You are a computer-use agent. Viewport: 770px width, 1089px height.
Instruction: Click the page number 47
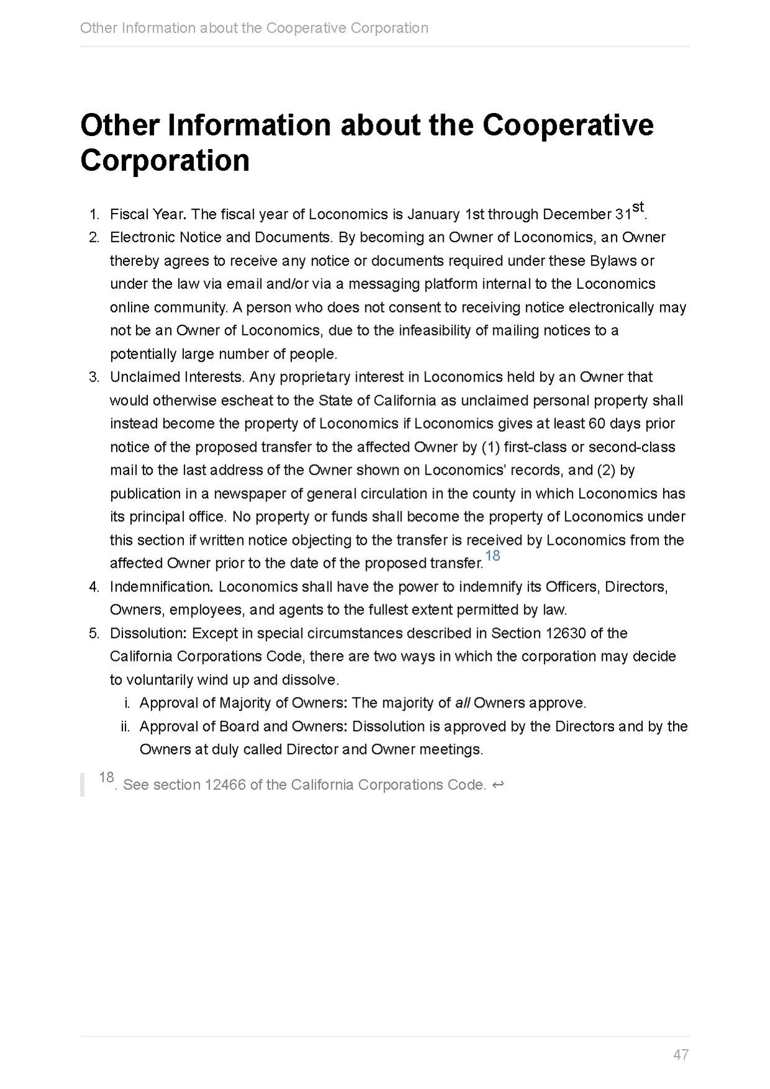[x=681, y=1054]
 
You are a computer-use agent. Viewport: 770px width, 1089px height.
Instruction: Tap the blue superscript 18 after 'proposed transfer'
[x=493, y=555]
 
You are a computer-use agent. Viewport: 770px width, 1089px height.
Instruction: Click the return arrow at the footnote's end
[x=497, y=785]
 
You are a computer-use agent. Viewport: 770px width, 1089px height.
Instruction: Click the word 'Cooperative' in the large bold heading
[x=567, y=125]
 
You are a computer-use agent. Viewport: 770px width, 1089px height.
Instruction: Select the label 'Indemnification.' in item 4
[x=162, y=586]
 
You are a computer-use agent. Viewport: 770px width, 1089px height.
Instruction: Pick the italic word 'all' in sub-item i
[x=462, y=703]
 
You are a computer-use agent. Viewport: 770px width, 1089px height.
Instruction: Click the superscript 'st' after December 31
[x=638, y=207]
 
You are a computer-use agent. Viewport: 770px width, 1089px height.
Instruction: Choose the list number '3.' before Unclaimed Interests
[x=94, y=377]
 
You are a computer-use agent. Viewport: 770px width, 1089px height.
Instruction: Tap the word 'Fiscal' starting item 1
[x=129, y=214]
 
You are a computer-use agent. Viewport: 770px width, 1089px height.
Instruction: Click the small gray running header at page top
[x=254, y=28]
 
